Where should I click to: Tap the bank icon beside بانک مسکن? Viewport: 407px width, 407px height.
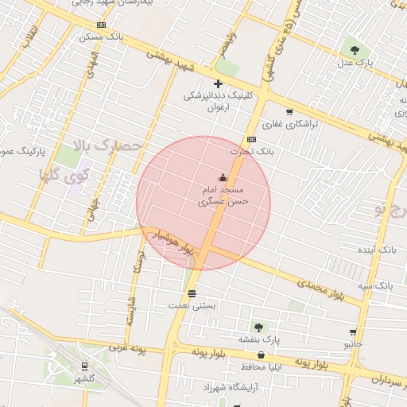pyautogui.click(x=79, y=37)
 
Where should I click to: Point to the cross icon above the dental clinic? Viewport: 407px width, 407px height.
pyautogui.click(x=219, y=83)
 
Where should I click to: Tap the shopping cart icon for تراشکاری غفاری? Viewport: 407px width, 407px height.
pyautogui.click(x=289, y=112)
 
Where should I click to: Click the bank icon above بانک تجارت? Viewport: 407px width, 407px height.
pyautogui.click(x=252, y=139)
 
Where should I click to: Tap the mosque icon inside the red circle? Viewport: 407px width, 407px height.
pyautogui.click(x=223, y=178)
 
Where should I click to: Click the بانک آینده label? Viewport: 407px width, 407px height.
pyautogui.click(x=377, y=250)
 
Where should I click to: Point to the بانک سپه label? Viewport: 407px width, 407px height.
pyautogui.click(x=374, y=285)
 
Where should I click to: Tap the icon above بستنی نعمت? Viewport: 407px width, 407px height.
pyautogui.click(x=192, y=293)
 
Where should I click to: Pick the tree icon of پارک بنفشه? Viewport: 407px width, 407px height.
pyautogui.click(x=258, y=327)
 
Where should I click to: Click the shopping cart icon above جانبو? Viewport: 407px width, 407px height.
pyautogui.click(x=353, y=332)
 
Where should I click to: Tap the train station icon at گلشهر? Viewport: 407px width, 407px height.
pyautogui.click(x=83, y=366)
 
